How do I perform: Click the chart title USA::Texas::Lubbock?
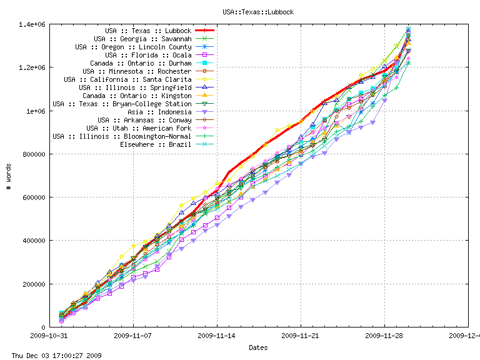[258, 12]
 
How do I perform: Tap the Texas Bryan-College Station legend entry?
[122, 104]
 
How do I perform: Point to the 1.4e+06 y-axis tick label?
[31, 24]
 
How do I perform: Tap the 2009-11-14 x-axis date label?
[217, 335]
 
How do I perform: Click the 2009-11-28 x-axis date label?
[384, 335]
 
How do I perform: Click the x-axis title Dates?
[258, 347]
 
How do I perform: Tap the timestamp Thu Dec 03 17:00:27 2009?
[52, 355]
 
